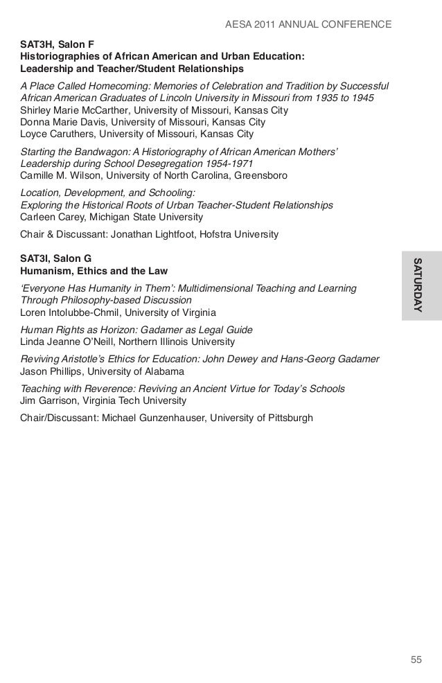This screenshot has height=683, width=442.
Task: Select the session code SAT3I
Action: [x=37, y=258]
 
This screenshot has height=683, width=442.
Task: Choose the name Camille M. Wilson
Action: [x=60, y=176]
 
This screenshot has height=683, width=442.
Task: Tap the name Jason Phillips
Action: [x=53, y=372]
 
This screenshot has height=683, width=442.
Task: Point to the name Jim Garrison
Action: [x=49, y=400]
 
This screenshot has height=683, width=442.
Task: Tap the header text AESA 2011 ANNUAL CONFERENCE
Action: [x=309, y=26]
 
